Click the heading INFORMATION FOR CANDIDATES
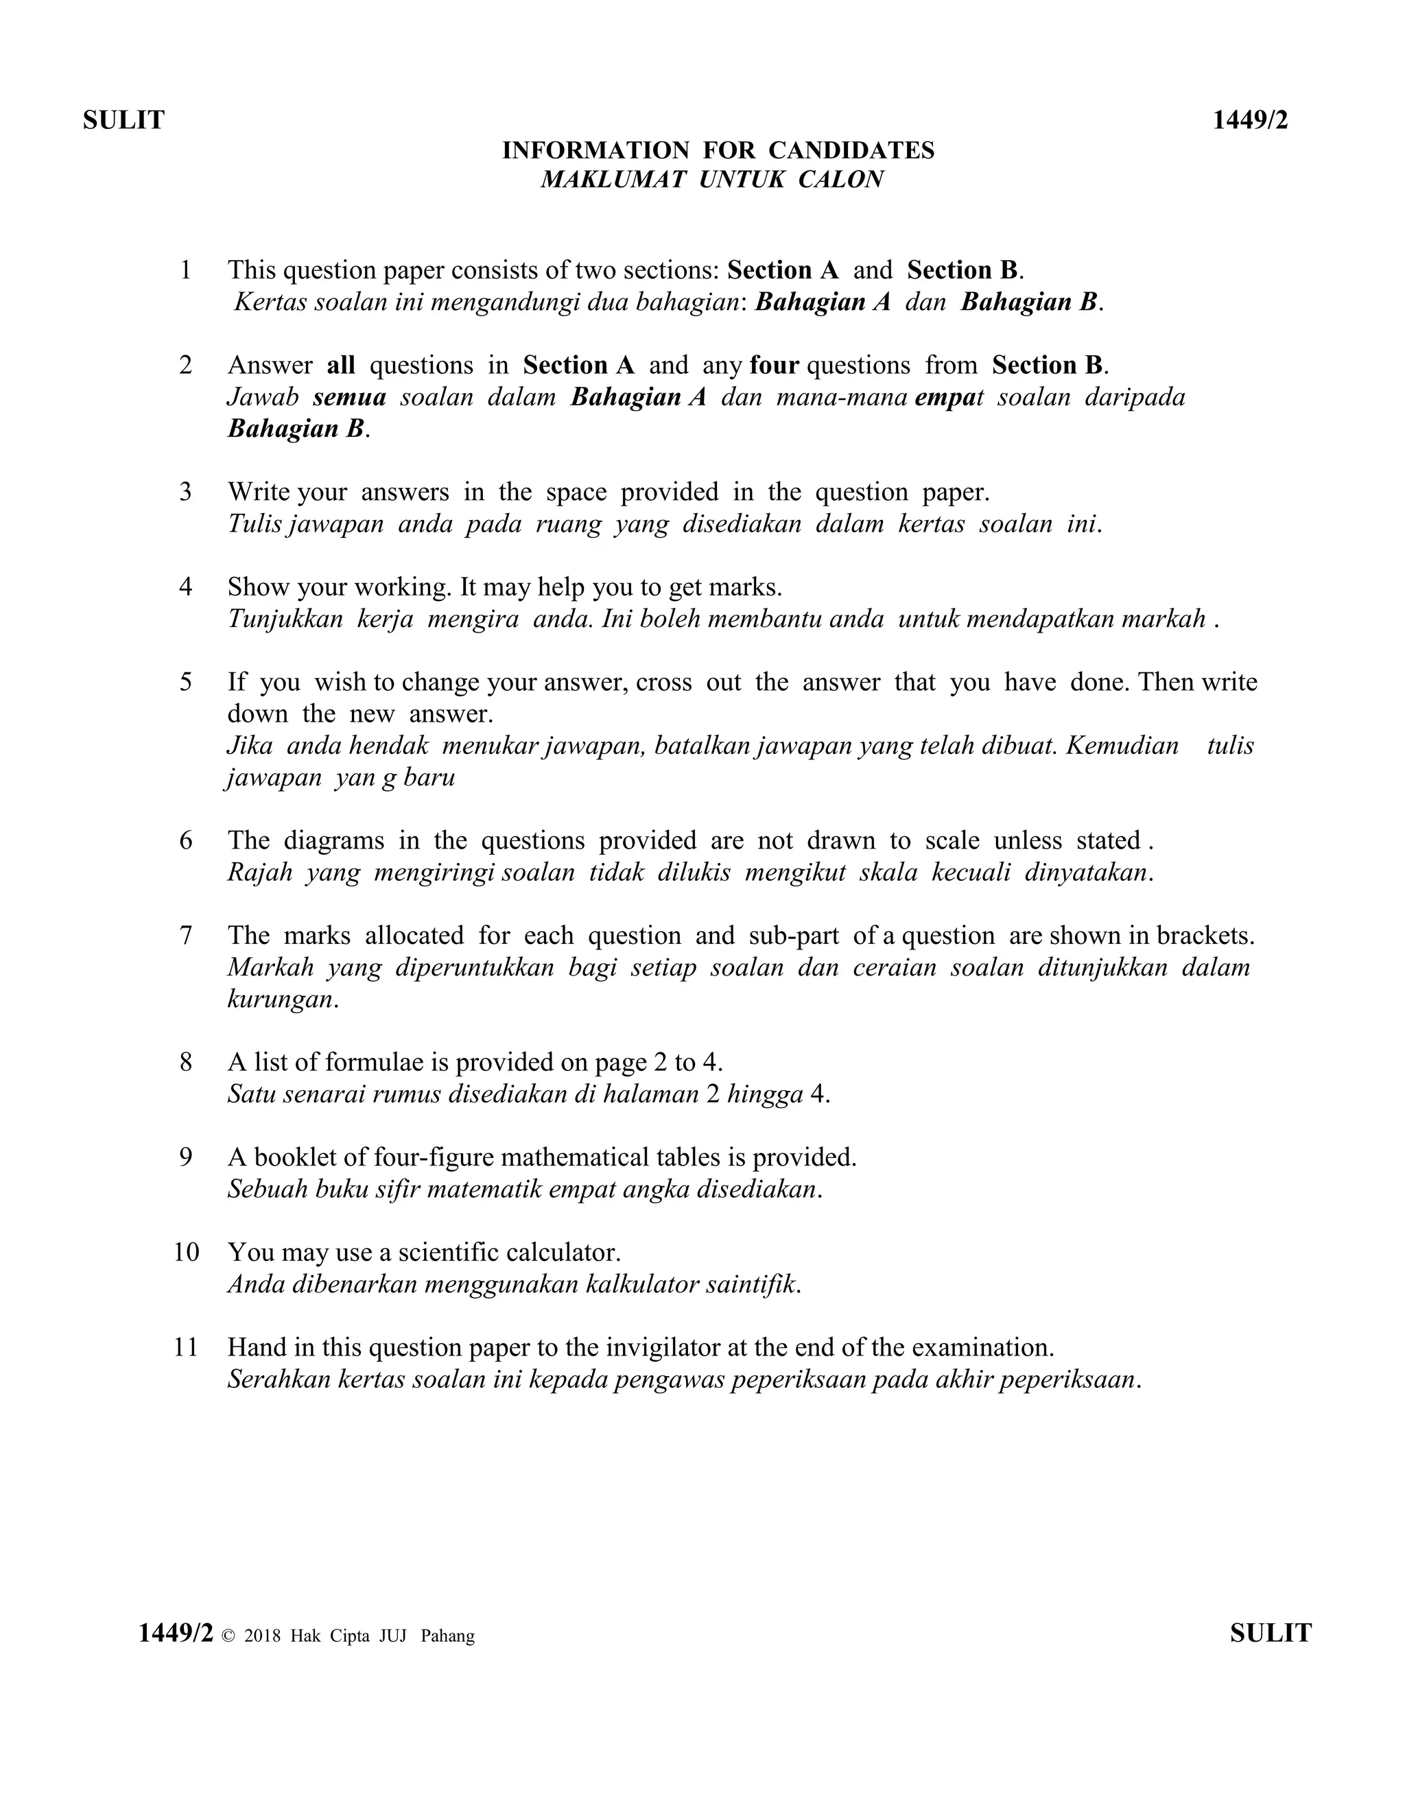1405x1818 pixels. pos(718,151)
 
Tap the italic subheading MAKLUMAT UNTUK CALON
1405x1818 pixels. pos(711,180)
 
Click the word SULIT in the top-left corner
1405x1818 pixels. pos(123,121)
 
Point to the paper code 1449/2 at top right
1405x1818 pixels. pos(1249,121)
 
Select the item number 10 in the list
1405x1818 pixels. pos(187,1252)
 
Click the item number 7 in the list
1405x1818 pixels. pos(187,936)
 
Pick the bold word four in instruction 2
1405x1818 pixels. pos(774,366)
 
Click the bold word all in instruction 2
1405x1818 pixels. pos(341,366)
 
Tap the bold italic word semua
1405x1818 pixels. pos(350,397)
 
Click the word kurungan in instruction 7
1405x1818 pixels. pos(280,1000)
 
